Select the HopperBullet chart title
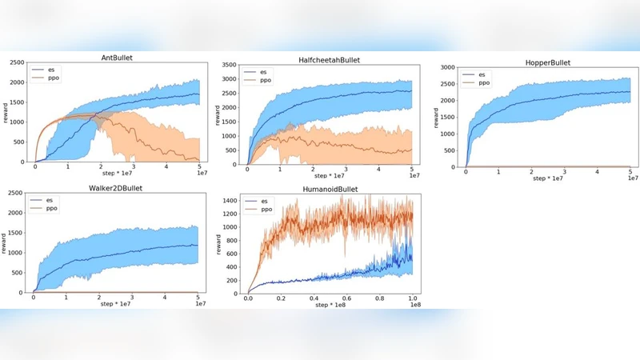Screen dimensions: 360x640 540,62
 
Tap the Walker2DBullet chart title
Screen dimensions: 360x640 115,188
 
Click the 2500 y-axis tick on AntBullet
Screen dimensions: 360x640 16,62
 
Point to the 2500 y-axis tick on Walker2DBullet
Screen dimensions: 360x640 16,194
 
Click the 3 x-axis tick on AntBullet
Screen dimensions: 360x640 134,167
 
